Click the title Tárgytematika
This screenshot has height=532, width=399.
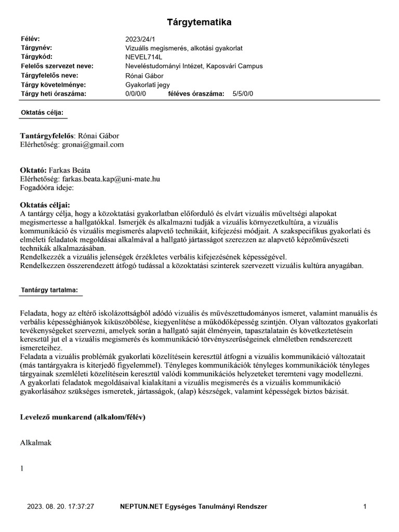click(199, 22)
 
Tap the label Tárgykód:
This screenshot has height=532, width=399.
click(37, 57)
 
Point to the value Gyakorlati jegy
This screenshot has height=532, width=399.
click(148, 85)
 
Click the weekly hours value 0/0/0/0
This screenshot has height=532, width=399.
click(136, 94)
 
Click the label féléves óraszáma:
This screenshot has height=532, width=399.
click(196, 94)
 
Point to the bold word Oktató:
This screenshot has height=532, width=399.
click(33, 170)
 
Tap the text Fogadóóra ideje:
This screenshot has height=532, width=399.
click(47, 187)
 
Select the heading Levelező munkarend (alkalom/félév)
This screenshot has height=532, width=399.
click(82, 417)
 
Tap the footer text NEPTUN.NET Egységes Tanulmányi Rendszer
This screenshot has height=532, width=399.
click(194, 506)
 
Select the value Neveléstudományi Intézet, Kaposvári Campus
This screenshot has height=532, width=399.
click(194, 66)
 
